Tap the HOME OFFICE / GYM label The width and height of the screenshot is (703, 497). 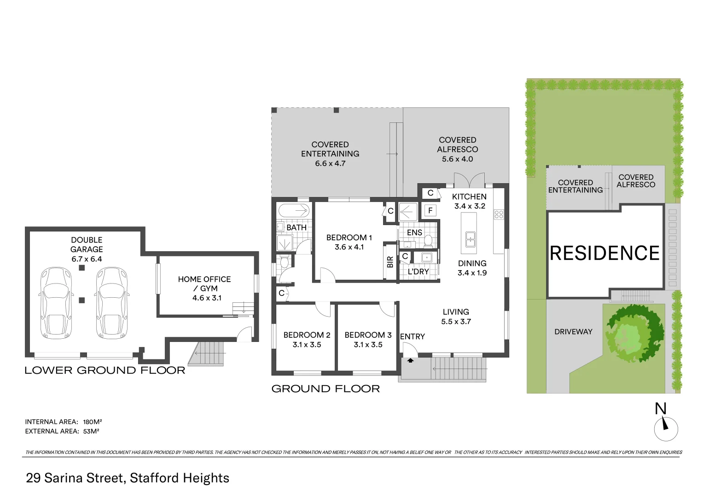(x=204, y=288)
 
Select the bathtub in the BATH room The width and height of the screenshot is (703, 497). (x=294, y=211)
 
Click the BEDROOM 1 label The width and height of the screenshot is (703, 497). (x=349, y=237)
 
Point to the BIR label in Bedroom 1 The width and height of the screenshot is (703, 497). (x=390, y=262)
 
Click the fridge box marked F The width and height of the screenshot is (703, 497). (x=430, y=211)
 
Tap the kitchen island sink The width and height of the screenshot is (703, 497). (x=470, y=239)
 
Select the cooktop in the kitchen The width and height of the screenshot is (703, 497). (x=499, y=214)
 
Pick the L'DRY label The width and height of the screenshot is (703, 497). (x=418, y=272)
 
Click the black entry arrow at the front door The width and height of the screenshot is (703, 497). (x=410, y=361)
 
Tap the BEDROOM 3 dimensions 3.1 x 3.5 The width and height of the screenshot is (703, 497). (x=368, y=345)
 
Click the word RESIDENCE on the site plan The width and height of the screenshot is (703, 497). (x=604, y=253)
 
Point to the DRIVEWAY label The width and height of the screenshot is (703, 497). (x=573, y=331)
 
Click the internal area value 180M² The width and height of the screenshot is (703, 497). (x=92, y=422)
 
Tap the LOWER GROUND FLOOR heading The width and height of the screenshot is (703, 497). (x=105, y=370)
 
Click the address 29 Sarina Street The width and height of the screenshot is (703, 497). (x=75, y=478)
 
